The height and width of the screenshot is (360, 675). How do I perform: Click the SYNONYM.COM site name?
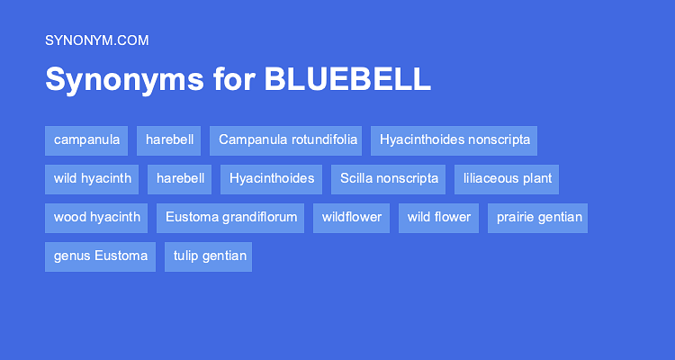pos(96,40)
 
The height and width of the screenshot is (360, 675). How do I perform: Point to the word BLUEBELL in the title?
pos(347,79)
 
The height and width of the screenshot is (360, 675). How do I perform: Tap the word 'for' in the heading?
pos(234,79)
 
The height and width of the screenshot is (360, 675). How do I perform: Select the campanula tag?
pos(86,140)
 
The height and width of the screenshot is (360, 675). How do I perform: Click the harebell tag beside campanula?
pos(168,140)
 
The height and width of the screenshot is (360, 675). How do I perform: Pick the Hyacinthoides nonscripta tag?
pos(454,140)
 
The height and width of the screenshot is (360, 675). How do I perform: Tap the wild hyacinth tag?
pos(92,179)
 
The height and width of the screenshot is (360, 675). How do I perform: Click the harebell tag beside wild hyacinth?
pos(180,179)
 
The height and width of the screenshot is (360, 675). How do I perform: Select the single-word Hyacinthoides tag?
pos(272,179)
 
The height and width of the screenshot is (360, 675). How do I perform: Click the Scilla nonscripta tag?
pos(389,179)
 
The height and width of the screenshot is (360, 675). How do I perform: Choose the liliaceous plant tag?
pos(507,179)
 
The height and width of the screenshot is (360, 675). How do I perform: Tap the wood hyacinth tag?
pos(96,218)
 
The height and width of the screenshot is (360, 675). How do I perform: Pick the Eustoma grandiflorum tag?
pos(230,218)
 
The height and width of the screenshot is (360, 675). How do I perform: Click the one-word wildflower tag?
pos(351,218)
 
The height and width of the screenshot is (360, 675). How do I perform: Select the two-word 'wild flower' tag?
pos(438,218)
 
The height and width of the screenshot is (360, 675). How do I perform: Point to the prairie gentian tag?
pos(537,218)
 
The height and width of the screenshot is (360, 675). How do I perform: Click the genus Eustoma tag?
pos(100,256)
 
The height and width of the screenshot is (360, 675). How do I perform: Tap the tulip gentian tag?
pos(208,256)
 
